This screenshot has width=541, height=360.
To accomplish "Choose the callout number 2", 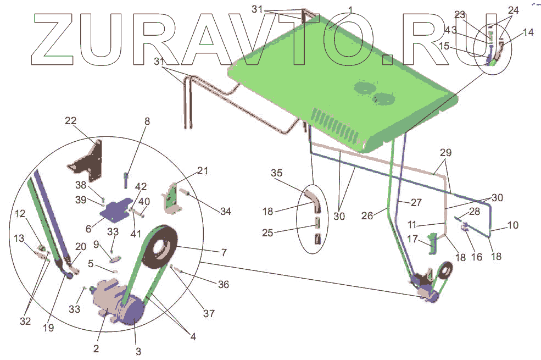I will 96,348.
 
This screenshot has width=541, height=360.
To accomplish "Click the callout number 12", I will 20,213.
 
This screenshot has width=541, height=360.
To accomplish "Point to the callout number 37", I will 209,313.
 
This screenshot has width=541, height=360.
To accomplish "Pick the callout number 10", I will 512,225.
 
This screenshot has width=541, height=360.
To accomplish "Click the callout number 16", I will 477,256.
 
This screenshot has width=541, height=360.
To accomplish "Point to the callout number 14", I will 528,32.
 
